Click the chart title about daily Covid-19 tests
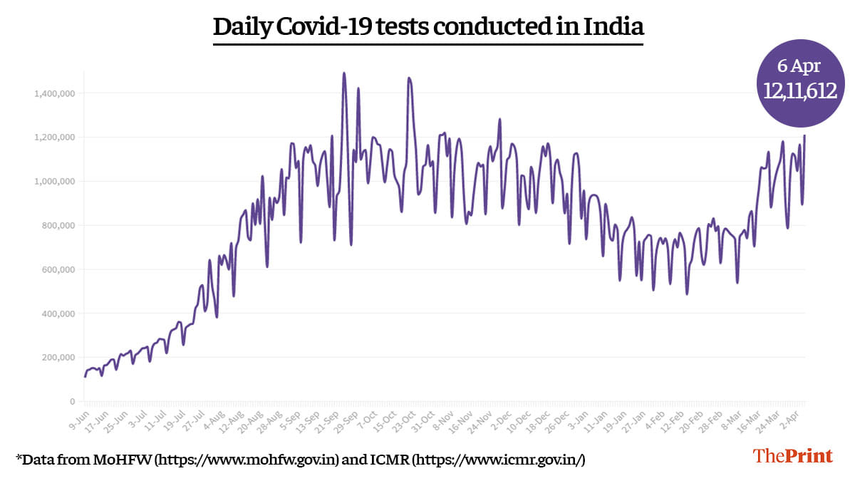click(428, 27)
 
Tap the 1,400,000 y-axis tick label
click(54, 93)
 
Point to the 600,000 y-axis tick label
click(57, 269)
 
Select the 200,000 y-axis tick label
click(57, 358)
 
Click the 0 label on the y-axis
click(72, 402)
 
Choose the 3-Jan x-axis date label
click(579, 418)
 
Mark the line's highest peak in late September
click(344, 73)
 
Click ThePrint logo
click(793, 456)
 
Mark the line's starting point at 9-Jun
click(85, 376)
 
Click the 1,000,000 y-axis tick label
click(54, 182)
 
